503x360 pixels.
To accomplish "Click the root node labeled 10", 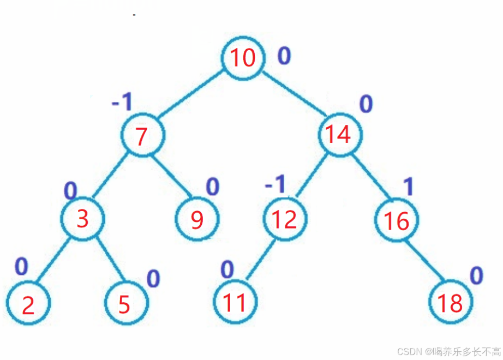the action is pos(243,58).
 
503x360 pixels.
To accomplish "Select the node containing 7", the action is pos(142,136).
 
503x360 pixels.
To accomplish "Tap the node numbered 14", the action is pos(339,134).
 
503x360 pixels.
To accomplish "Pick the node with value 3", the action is pos(82,219).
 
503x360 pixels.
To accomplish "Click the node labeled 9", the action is pos(197,219).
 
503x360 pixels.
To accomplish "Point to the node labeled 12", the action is pos(285,219).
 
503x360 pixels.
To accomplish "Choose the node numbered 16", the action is pos(397,220).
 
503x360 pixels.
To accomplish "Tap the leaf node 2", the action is pos(28,304).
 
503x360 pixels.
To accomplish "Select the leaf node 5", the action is pos(125,304).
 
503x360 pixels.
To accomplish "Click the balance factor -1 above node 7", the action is pos(122,102).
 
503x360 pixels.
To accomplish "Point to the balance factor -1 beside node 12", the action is pos(276,185).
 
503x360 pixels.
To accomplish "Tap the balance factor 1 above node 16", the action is pos(408,187).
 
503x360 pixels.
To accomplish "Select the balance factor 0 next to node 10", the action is pos(284,56).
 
